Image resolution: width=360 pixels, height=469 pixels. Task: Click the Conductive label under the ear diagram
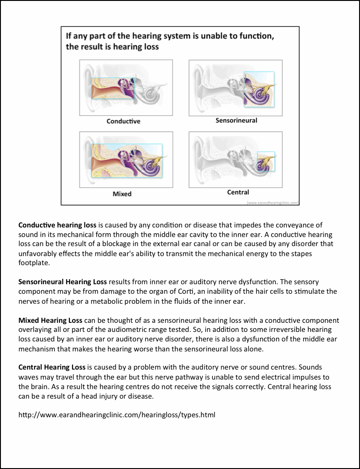click(x=123, y=121)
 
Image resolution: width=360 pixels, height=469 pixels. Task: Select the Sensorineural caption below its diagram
click(x=236, y=120)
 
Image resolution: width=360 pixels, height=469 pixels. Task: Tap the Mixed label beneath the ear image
click(x=122, y=194)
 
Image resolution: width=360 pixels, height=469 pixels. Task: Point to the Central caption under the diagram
click(x=238, y=192)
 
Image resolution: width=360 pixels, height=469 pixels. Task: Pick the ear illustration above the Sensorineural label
click(x=235, y=87)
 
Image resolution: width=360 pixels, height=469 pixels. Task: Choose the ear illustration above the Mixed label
click(x=126, y=159)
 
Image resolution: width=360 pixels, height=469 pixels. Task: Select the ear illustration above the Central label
click(x=235, y=159)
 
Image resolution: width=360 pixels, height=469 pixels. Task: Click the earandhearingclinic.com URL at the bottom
click(x=117, y=415)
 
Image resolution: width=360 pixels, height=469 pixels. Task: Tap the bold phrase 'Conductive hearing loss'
click(x=57, y=225)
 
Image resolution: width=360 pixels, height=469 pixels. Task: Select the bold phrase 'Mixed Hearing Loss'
click(x=50, y=320)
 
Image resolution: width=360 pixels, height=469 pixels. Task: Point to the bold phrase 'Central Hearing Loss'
click(x=52, y=367)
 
